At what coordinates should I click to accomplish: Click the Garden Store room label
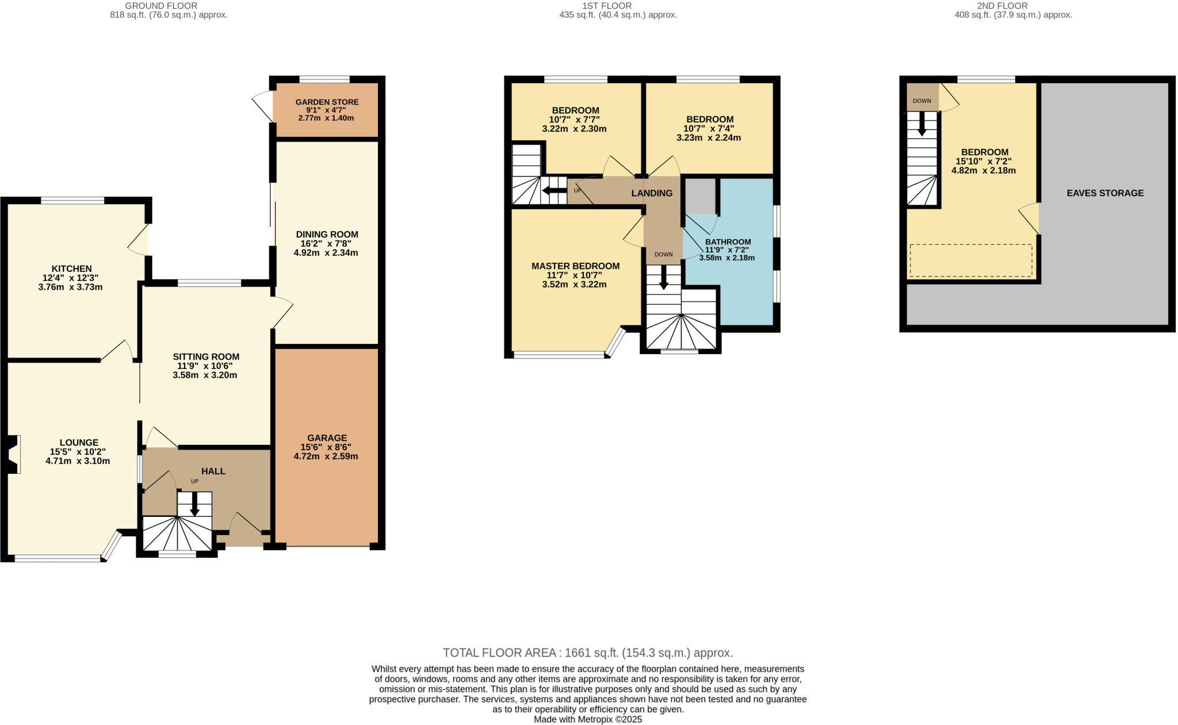pos(327,102)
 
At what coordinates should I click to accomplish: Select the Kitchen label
pos(71,268)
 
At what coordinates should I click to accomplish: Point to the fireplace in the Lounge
pos(13,454)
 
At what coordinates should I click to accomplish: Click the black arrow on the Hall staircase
pos(194,504)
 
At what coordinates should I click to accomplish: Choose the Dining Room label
pos(327,234)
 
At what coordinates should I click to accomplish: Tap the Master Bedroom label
pos(575,266)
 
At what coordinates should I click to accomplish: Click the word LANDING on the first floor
pos(652,193)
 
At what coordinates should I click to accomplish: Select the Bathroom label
pos(728,241)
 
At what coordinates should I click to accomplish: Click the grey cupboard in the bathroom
pos(700,196)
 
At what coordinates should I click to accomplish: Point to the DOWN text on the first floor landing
pos(663,254)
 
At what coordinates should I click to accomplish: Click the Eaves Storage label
pos(1105,193)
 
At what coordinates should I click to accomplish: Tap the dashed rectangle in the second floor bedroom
pos(970,260)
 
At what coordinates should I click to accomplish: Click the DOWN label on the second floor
pos(921,101)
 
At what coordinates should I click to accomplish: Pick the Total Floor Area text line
pos(588,653)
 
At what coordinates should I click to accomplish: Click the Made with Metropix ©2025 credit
pos(588,719)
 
